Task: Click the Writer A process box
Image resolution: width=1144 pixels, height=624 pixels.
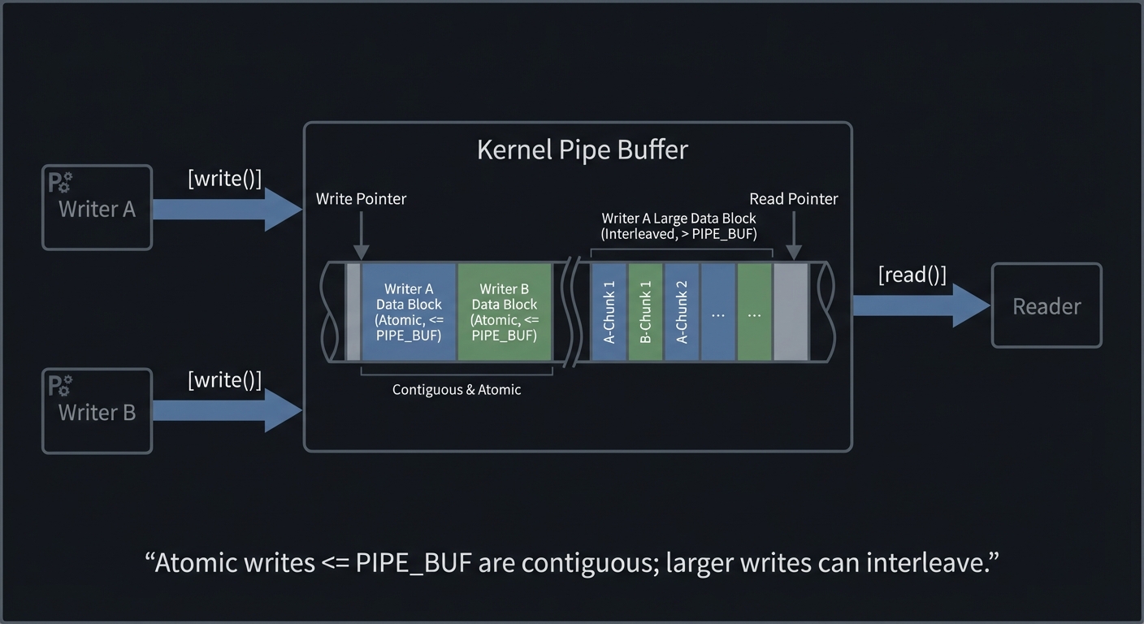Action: click(x=97, y=208)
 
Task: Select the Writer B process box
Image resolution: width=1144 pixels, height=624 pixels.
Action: click(x=97, y=411)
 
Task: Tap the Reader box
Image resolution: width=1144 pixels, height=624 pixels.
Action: click(x=1046, y=305)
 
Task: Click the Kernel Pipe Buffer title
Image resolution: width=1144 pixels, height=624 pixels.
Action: click(x=582, y=150)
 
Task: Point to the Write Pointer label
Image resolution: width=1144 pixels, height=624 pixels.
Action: click(x=361, y=199)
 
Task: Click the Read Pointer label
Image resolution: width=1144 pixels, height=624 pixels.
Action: click(x=793, y=199)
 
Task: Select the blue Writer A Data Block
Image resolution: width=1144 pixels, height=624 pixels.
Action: click(x=409, y=312)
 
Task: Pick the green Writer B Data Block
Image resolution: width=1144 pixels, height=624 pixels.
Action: click(x=505, y=312)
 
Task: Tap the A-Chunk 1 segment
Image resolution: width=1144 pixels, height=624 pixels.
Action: click(x=609, y=312)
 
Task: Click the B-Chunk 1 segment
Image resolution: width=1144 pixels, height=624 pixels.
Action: click(x=646, y=312)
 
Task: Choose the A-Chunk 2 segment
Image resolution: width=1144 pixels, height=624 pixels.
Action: click(x=682, y=312)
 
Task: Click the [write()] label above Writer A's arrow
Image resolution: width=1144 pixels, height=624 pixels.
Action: click(x=225, y=179)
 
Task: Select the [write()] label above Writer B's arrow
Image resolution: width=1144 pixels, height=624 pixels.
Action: click(x=225, y=380)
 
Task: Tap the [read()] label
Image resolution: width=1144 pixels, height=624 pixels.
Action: click(x=912, y=275)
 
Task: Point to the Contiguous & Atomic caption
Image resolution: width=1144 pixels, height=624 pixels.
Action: click(x=457, y=390)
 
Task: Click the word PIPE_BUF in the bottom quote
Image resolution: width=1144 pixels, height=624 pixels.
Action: click(x=414, y=562)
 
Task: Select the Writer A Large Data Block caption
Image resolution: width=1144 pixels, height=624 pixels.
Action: click(x=678, y=226)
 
